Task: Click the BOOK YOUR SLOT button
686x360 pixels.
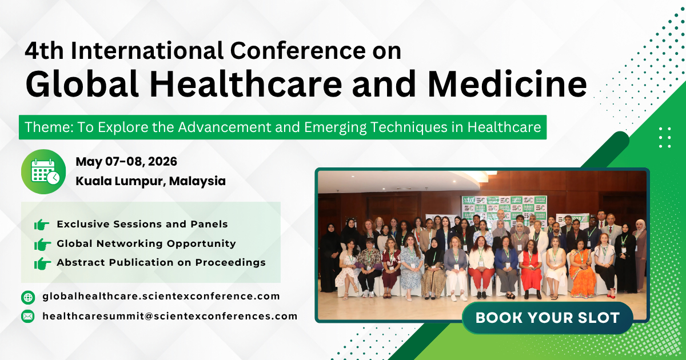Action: [x=547, y=318]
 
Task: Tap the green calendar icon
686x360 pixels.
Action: [x=43, y=171]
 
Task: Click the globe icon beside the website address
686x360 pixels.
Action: [x=28, y=297]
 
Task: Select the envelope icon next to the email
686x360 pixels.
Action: [x=28, y=316]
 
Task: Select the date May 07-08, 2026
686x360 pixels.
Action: [x=126, y=162]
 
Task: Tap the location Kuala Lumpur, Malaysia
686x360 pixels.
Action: [x=150, y=181]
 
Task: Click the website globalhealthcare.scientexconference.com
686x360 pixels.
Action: [x=161, y=297]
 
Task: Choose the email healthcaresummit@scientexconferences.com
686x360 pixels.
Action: [x=170, y=316]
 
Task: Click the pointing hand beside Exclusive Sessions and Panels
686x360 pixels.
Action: [x=42, y=225]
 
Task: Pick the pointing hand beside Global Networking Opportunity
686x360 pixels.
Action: [x=42, y=244]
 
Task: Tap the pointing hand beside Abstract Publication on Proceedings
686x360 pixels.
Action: [x=42, y=263]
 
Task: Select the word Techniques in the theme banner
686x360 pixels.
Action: [x=412, y=127]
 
